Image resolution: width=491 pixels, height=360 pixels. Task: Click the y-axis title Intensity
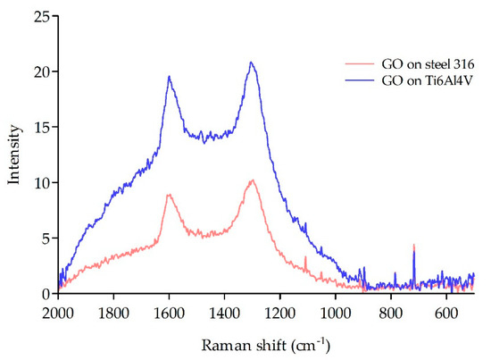[x=14, y=155]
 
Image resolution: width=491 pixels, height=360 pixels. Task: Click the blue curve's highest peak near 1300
[x=252, y=63]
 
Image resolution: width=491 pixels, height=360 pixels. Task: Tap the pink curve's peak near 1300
[x=253, y=180]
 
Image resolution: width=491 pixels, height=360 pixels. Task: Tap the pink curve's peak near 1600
[x=169, y=194]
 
